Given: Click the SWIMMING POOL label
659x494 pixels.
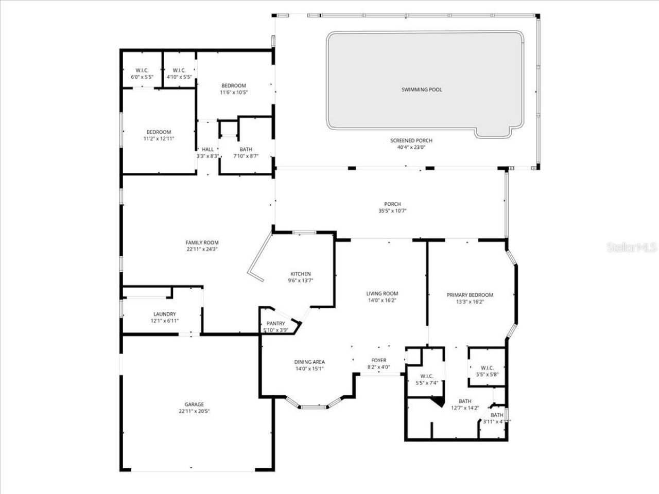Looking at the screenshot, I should coord(422,90).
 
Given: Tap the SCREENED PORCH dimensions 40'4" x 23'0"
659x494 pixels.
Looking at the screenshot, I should coord(411,147).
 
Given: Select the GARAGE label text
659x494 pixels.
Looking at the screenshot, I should coord(194,404).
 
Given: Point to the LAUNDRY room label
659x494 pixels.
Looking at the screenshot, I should coord(164,314).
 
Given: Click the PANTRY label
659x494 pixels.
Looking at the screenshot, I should coord(275,324).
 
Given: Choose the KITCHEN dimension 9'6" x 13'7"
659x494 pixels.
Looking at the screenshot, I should coord(300,280).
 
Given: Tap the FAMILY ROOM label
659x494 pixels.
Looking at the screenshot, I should coord(202,243).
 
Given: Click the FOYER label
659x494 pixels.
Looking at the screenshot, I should coord(378,360).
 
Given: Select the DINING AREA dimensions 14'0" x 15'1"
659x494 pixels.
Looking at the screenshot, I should coord(309,368).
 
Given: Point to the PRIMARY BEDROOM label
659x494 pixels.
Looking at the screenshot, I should coord(470,295).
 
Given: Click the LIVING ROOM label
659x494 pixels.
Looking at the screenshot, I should coord(382,294).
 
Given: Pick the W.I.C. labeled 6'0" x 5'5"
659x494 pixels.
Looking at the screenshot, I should coord(142,77).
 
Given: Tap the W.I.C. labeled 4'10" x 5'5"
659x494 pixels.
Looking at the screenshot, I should coord(179,77).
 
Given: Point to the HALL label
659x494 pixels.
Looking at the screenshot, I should coord(207,149).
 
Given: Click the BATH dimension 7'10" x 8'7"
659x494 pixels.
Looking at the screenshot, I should coord(246,156).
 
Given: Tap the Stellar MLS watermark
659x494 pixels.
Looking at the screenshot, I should coord(631,248).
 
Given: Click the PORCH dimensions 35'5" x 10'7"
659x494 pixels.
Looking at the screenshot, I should coord(392,210).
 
